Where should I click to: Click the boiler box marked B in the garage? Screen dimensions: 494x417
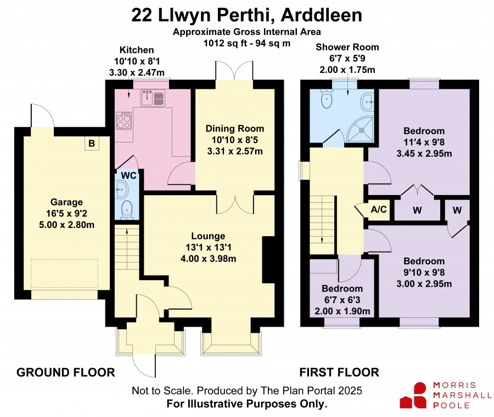pos(92,144)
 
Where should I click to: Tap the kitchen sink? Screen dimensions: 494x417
pos(153,97)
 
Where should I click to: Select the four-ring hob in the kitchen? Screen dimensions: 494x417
pos(124,121)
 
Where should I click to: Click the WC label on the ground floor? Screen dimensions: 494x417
pos(129,175)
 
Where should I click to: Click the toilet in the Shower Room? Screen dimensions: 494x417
pos(327,98)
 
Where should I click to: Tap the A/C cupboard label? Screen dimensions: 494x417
pos(379,209)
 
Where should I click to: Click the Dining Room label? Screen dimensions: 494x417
pos(235,129)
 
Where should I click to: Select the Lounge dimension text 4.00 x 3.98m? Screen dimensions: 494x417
pos(208,259)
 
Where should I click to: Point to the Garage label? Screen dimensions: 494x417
pos(66,202)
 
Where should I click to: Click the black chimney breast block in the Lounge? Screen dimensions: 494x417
pos(268,260)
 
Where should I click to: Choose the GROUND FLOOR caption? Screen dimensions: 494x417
pos(65,373)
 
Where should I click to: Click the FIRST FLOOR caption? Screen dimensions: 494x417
pos(339,373)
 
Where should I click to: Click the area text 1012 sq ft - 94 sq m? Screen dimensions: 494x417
pos(247,43)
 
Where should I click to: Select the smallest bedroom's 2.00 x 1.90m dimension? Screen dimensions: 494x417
pos(343,311)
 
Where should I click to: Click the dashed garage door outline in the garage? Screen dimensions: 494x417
pos(64,273)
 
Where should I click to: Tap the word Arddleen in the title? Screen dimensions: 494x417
pos(321,15)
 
